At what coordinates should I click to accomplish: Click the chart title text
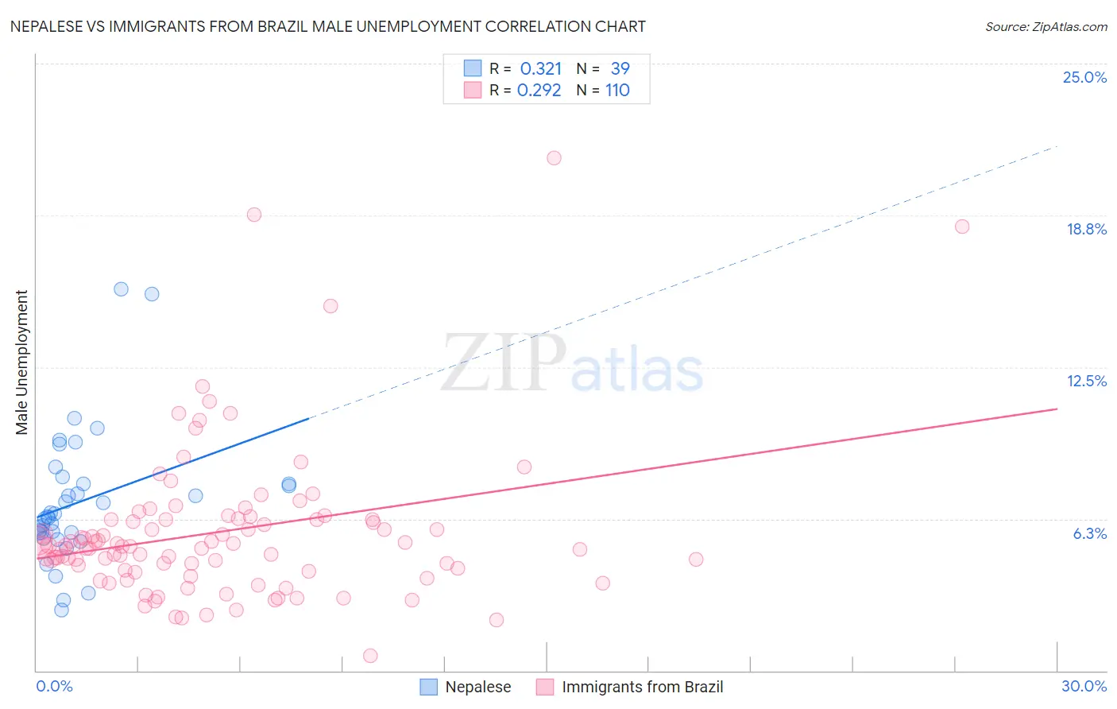(327, 26)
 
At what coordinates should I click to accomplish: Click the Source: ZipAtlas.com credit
(1045, 26)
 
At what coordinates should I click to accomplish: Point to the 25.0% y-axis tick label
(1084, 77)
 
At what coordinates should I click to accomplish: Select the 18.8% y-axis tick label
(1086, 229)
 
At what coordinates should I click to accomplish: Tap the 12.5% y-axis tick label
(1086, 381)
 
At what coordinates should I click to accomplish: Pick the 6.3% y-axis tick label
(1089, 533)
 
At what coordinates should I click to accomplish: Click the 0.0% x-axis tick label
(54, 686)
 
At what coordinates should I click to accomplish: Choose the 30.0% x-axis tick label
(1084, 686)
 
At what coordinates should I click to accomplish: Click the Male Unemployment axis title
(21, 362)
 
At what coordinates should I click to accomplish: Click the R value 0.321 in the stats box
(540, 69)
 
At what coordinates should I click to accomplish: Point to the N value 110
(617, 91)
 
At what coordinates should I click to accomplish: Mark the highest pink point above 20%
(554, 158)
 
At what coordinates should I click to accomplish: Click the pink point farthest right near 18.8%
(962, 227)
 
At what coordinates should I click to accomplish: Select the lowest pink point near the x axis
(370, 656)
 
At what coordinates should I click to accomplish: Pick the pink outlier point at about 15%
(330, 306)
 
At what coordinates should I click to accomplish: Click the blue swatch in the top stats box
(473, 68)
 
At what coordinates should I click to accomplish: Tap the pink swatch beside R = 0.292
(473, 90)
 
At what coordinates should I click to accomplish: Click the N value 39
(620, 69)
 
